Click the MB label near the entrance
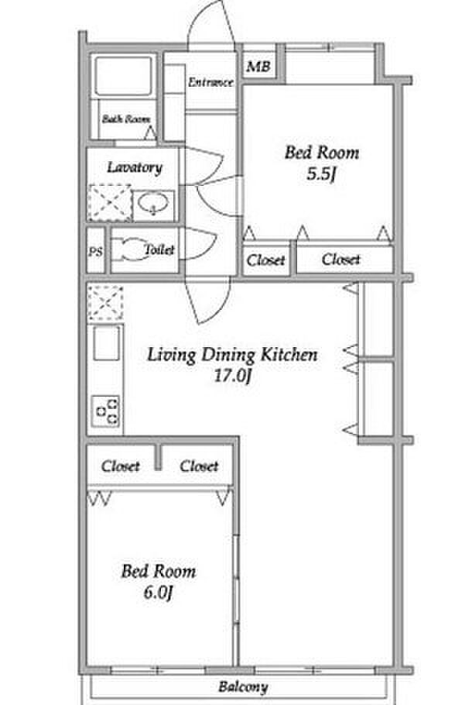(258, 67)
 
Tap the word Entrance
(210, 82)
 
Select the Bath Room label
(126, 119)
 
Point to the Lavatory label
(135, 167)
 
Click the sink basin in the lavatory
(153, 204)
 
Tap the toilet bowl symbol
(128, 249)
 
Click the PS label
(95, 252)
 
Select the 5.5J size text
(321, 174)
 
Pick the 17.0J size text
(231, 376)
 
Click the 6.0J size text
(158, 593)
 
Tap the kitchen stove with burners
(107, 411)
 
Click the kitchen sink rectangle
(107, 343)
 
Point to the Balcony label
(243, 686)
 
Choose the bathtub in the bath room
(124, 76)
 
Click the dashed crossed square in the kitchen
(105, 303)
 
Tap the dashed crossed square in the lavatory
(111, 203)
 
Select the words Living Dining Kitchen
(232, 355)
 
